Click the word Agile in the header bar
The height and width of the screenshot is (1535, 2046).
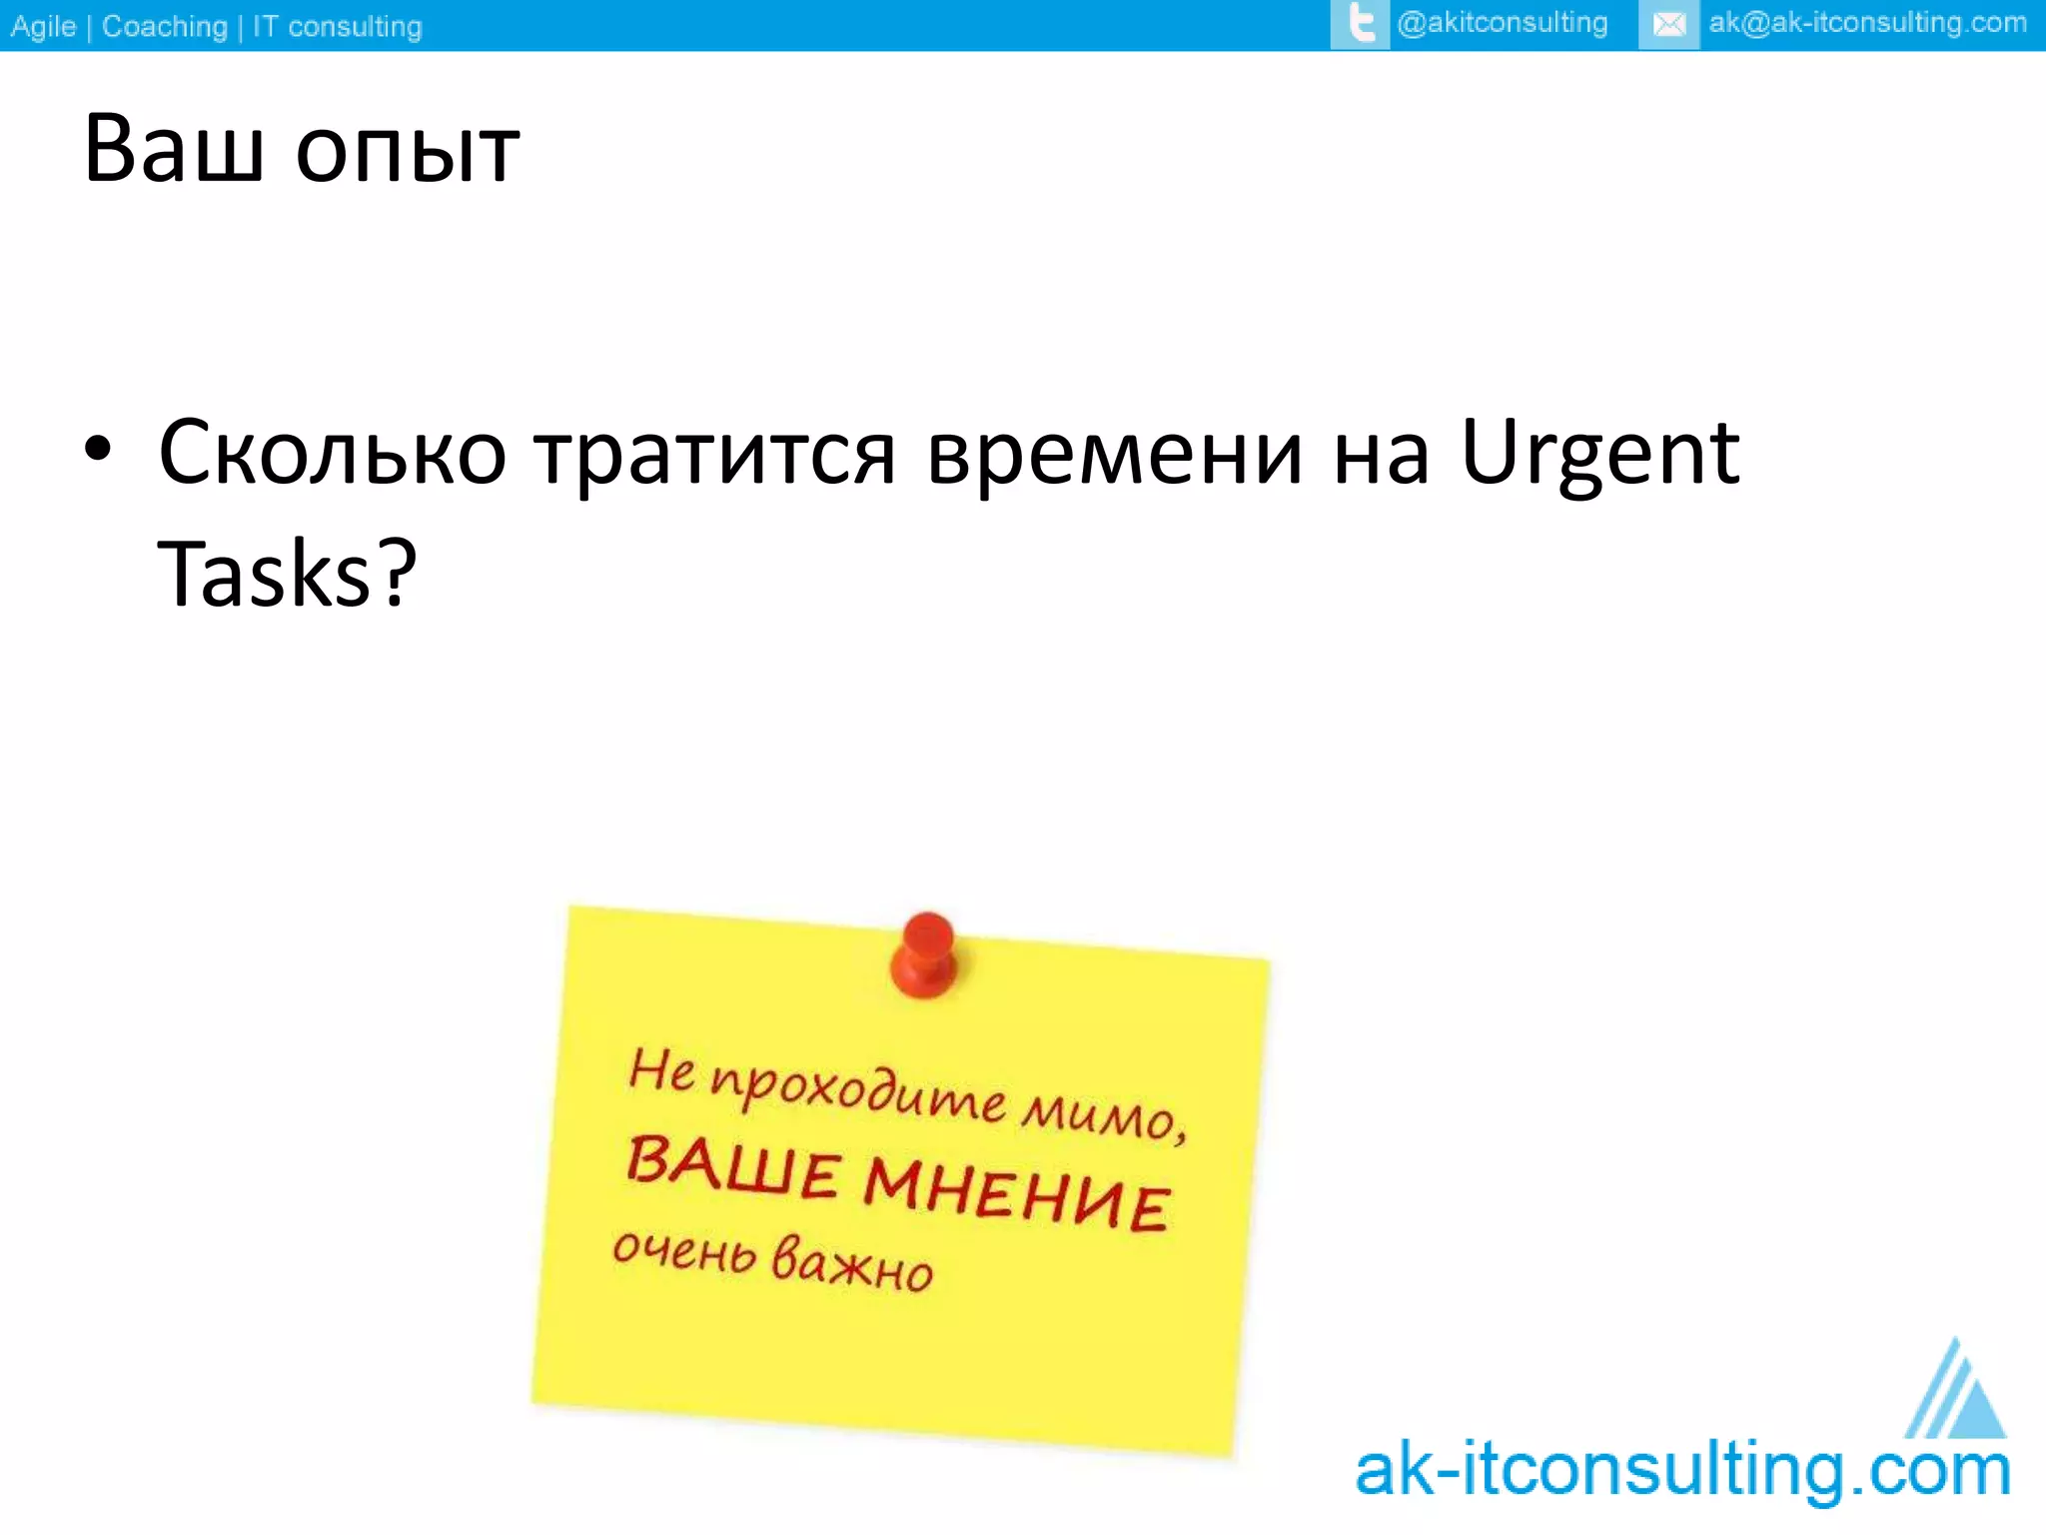[x=43, y=26]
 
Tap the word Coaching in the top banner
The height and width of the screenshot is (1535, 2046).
[x=165, y=26]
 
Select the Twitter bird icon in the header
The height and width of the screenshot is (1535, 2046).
[x=1360, y=24]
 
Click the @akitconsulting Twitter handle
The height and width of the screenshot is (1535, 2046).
[x=1503, y=23]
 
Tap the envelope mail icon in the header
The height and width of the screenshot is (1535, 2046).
[x=1668, y=24]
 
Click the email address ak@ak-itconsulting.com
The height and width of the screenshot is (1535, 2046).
[x=1867, y=23]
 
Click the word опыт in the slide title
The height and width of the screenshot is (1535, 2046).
[x=408, y=152]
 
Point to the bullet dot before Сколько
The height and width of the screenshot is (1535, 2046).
[x=98, y=449]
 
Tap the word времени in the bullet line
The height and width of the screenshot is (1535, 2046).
[x=1115, y=455]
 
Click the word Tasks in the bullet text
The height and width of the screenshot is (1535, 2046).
[x=265, y=575]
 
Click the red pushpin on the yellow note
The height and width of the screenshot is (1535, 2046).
[x=925, y=953]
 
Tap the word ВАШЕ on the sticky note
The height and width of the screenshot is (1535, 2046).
[x=732, y=1167]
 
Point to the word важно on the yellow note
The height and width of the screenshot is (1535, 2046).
[x=852, y=1263]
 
